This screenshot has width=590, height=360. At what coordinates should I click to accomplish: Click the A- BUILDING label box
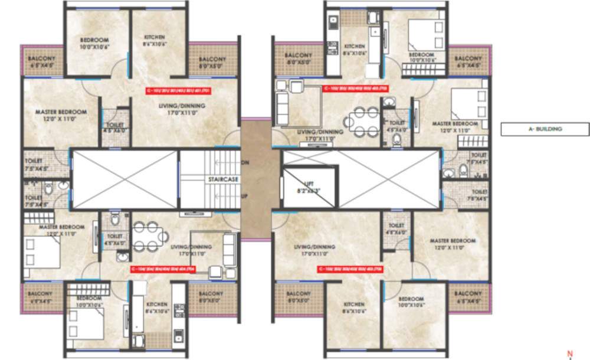(545, 129)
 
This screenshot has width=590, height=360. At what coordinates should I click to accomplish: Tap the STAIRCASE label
(222, 178)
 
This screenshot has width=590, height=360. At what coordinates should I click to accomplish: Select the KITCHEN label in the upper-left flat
(155, 40)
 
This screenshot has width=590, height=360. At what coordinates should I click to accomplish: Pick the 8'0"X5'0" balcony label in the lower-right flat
(299, 296)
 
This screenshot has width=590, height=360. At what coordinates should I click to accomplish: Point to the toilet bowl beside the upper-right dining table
(396, 139)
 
